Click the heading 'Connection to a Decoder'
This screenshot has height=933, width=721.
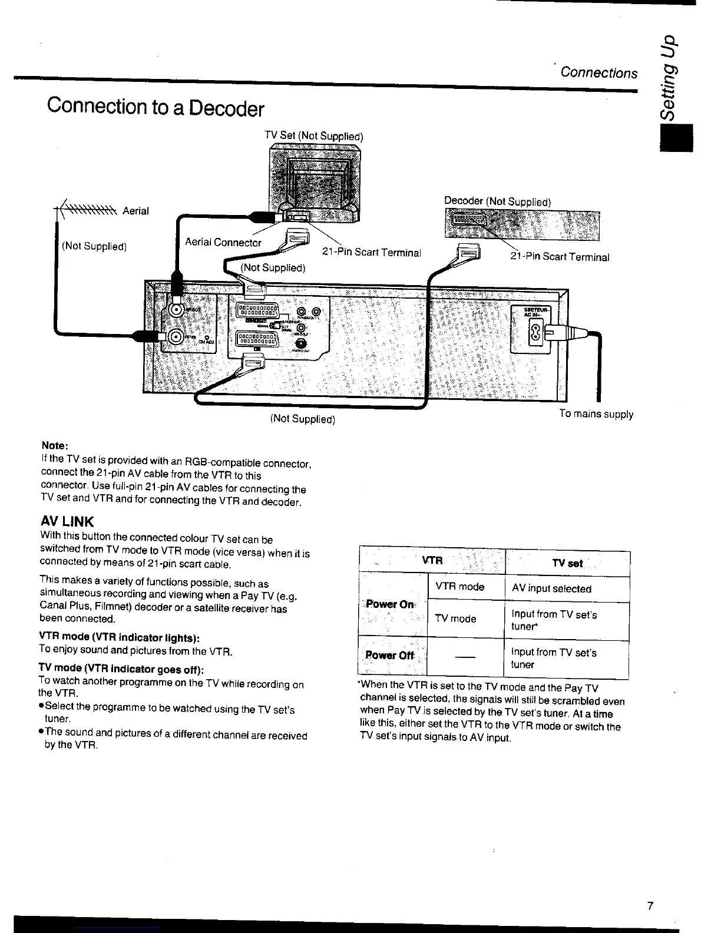156,107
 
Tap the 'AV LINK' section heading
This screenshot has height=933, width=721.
67,522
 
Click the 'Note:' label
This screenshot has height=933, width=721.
55,445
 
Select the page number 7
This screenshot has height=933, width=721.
650,906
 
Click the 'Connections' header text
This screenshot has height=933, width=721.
598,72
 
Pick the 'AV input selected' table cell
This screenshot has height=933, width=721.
551,588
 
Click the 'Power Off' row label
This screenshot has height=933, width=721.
390,656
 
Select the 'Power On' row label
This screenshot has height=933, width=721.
390,604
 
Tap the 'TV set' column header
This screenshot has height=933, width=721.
567,564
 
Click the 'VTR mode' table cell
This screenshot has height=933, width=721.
459,587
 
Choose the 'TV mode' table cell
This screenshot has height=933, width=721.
455,618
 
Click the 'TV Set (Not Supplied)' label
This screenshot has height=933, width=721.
314,135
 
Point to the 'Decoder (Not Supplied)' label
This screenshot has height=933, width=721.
497,201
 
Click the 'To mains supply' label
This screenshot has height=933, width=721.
596,414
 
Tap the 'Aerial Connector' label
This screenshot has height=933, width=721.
223,242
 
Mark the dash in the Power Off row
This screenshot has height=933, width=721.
465,657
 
